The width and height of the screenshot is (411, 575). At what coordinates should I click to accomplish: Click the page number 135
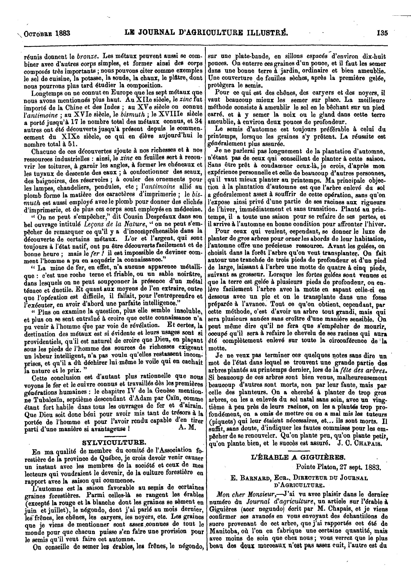click(x=382, y=33)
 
